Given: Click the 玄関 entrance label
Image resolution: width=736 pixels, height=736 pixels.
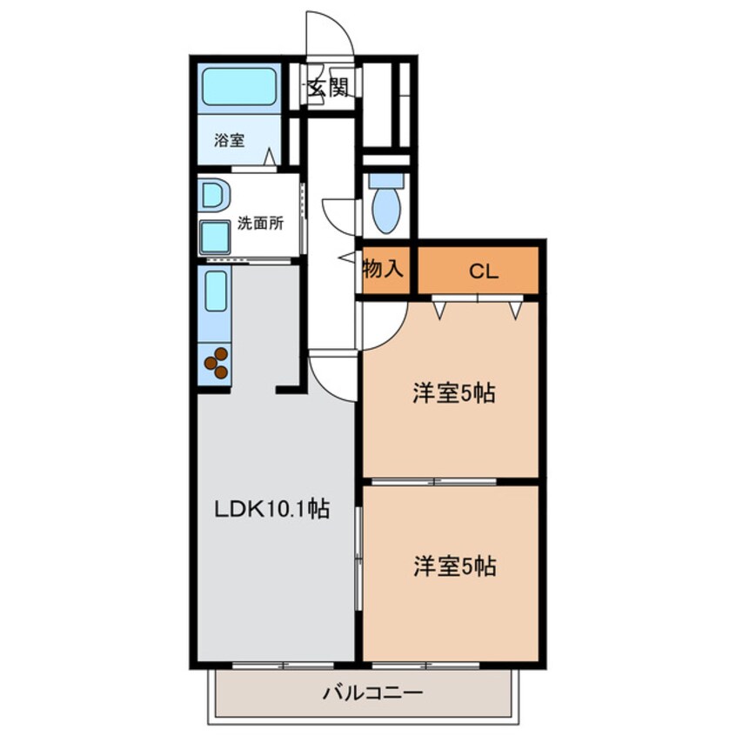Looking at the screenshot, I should pos(327,86).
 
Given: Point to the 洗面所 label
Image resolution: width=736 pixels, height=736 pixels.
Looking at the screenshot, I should pos(260,223).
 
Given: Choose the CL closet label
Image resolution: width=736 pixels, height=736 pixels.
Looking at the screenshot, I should pos(484,271).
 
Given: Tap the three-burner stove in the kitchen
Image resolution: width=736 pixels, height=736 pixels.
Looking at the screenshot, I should pos(217,363).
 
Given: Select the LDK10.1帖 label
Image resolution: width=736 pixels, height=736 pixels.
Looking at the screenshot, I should pos(271,510).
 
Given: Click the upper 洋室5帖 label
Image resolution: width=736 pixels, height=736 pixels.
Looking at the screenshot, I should pos(454,394).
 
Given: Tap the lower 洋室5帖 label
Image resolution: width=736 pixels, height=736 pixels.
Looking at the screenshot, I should pos(454,567).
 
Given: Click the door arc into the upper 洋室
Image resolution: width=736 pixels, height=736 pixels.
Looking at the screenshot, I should pos(383,324).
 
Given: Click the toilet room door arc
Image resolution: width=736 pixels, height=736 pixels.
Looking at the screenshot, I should pos(339,214).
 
